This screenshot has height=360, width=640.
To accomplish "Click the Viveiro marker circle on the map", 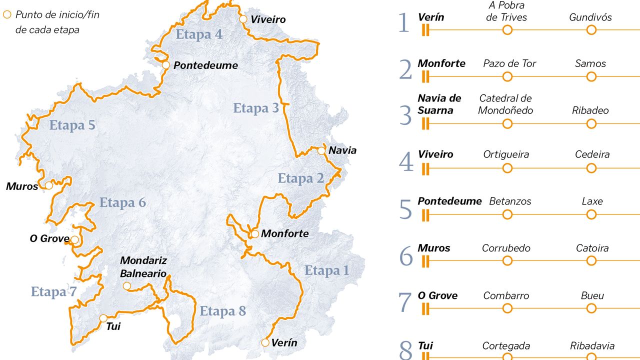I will click(x=243, y=19).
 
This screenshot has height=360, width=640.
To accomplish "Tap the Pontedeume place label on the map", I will click(x=205, y=65).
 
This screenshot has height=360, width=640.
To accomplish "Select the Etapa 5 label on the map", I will click(x=72, y=125).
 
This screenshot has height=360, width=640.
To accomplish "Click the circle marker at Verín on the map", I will click(x=265, y=342).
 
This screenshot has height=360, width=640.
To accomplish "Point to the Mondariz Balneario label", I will click(x=143, y=267).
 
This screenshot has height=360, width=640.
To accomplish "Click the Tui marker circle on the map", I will click(x=103, y=318).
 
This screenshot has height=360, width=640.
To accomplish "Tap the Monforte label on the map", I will click(x=285, y=233).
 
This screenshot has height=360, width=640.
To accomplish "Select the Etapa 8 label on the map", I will click(x=223, y=311).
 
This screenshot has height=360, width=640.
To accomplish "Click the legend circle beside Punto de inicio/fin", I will click(x=7, y=15).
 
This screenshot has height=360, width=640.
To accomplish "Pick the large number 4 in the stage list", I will click(x=406, y=162).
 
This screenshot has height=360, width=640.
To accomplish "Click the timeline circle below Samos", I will click(x=591, y=76).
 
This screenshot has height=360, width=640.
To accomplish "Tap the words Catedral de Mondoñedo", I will click(x=505, y=104).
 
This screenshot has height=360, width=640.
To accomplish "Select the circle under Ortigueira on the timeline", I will click(x=507, y=168).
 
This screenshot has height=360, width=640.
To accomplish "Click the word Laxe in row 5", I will click(x=592, y=201).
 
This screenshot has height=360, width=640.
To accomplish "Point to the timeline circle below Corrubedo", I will click(x=507, y=260).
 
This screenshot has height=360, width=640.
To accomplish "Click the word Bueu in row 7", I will click(x=592, y=295).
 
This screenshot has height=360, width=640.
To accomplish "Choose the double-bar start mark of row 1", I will click(x=425, y=30).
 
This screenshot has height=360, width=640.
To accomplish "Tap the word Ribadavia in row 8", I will click(x=592, y=346).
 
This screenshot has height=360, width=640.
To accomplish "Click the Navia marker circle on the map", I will click(x=321, y=150).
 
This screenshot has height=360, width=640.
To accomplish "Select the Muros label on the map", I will click(x=22, y=186).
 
